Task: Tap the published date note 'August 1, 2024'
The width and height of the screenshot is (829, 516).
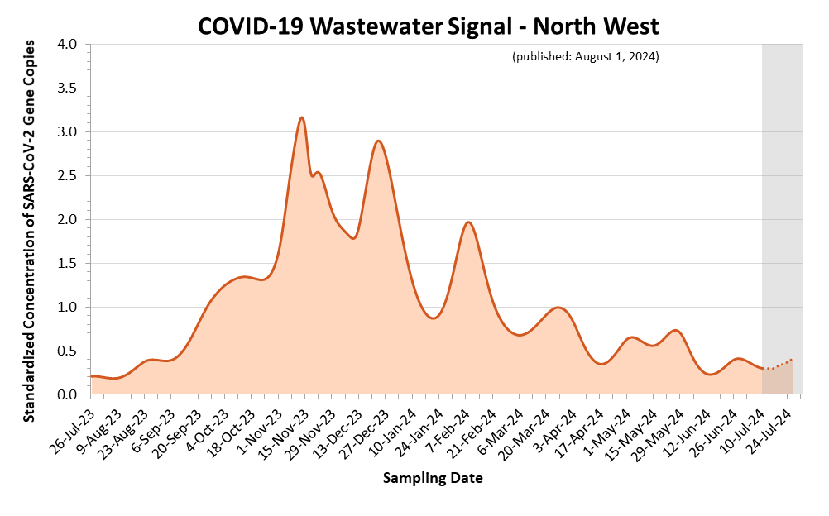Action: coord(585,56)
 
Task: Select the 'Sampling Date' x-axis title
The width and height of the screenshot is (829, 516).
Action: coord(433,478)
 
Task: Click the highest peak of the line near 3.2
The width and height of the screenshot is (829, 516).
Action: coord(302,117)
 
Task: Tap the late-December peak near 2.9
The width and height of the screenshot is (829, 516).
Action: coord(378,141)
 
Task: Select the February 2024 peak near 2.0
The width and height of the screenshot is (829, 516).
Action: coord(468,222)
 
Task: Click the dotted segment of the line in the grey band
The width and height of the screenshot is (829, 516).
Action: coord(779,365)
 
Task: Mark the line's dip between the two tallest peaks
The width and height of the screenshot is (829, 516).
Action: coord(353,238)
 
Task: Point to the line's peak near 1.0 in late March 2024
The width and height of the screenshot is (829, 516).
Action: coord(558,308)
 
